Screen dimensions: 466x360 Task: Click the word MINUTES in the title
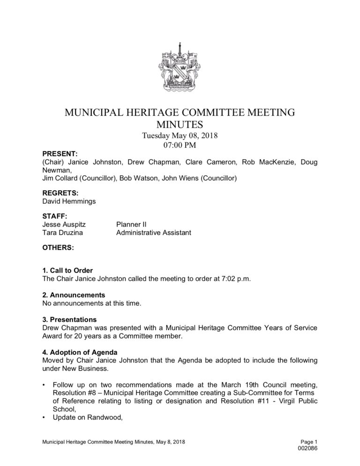click(x=180, y=124)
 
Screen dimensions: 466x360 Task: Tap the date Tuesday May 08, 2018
click(x=180, y=136)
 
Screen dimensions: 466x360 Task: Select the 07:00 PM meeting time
click(x=180, y=145)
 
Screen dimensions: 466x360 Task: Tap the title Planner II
click(x=132, y=225)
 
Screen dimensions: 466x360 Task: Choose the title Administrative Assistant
click(x=153, y=233)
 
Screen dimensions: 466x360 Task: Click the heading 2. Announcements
click(x=74, y=295)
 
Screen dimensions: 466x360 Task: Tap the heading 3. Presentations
click(x=70, y=319)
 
